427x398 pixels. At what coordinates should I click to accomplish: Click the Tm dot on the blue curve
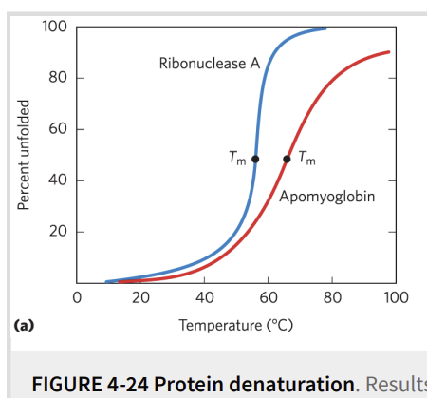[255, 159]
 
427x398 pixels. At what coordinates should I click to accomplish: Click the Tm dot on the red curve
[287, 159]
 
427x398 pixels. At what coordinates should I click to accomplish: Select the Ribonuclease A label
[210, 64]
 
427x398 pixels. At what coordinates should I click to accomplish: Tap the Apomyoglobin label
[327, 197]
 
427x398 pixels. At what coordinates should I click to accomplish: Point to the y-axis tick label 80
[58, 78]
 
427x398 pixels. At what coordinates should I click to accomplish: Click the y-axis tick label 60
[58, 129]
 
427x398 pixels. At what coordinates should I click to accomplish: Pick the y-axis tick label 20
[58, 232]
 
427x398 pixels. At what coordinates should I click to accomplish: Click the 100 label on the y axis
[55, 27]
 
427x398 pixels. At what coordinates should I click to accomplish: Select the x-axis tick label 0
[77, 297]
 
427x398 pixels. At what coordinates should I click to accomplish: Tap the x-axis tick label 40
[204, 297]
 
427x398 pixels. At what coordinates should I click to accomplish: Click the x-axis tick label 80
[332, 297]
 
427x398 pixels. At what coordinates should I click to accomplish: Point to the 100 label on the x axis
[396, 297]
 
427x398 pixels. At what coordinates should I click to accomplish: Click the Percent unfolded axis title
[24, 155]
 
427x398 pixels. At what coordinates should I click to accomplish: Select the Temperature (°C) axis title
[236, 326]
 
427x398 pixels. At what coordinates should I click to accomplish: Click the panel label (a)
[24, 326]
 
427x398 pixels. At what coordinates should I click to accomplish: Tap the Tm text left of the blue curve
[237, 158]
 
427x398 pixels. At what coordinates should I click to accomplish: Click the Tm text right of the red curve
[307, 158]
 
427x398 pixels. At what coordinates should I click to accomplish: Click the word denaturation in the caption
[254, 384]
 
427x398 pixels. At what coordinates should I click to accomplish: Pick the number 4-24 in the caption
[127, 384]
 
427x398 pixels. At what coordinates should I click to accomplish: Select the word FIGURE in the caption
[66, 384]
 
